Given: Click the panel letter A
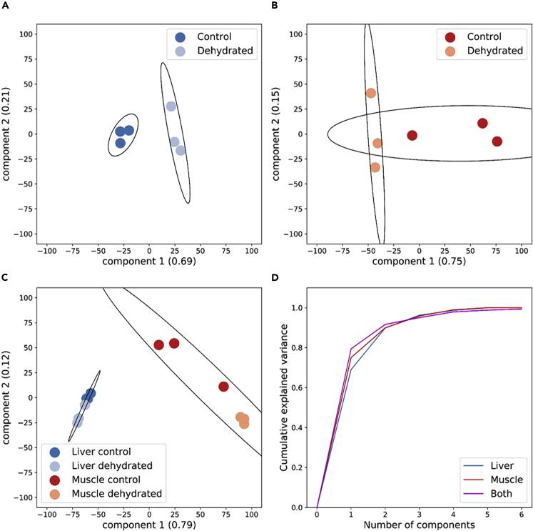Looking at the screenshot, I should [5, 6].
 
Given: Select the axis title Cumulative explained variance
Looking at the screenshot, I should [284, 397].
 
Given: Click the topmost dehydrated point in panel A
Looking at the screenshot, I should [171, 106].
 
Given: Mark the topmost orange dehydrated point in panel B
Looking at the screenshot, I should [371, 93].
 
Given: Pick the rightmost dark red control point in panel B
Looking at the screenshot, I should [497, 142].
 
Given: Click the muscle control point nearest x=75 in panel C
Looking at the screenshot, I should [223, 387].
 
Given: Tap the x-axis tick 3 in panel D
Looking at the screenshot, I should [418, 514].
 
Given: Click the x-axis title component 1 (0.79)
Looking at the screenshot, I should [148, 525].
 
